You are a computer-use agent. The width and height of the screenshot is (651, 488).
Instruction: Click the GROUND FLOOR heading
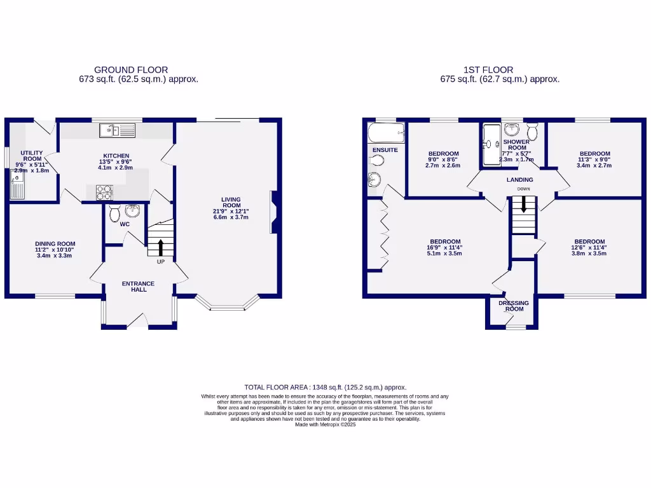click(131, 70)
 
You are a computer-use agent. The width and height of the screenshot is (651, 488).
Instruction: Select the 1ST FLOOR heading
click(488, 70)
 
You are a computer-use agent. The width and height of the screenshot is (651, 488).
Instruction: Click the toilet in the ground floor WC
click(115, 213)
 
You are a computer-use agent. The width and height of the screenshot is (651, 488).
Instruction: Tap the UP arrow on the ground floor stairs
click(160, 247)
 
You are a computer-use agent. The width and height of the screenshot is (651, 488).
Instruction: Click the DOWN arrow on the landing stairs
click(524, 204)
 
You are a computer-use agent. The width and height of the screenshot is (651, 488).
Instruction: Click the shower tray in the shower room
click(491, 144)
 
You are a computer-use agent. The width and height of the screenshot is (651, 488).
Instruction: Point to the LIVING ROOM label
click(231, 201)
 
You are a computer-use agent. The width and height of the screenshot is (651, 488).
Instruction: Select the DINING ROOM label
click(55, 243)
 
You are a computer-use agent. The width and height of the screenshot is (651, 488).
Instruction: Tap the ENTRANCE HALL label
click(139, 287)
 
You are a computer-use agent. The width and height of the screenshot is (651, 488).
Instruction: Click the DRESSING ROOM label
click(514, 306)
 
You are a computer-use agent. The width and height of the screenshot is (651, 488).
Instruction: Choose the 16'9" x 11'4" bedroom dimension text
click(445, 248)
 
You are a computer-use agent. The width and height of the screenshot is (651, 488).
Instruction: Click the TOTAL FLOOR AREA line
click(325, 387)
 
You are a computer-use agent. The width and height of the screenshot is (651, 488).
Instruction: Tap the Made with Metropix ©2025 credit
click(325, 424)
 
